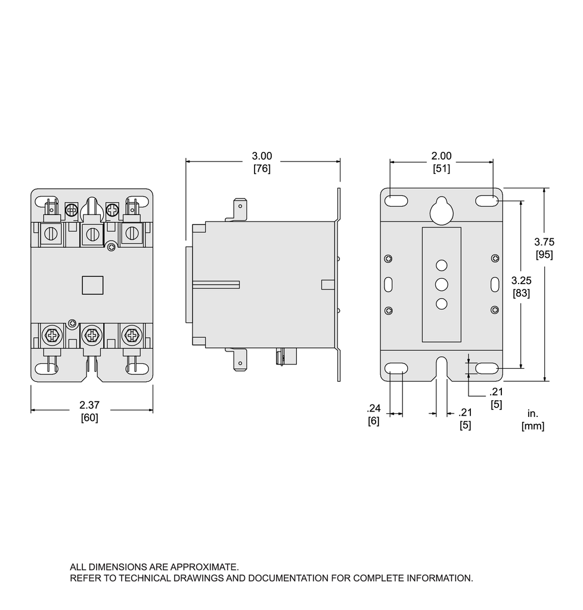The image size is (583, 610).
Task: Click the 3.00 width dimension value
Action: (262, 156)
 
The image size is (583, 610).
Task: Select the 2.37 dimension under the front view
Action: (89, 405)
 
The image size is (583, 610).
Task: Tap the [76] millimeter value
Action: (262, 169)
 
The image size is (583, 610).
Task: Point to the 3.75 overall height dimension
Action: (544, 242)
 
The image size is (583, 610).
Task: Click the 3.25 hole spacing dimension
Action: (522, 281)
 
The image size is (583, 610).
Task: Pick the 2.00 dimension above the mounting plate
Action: (441, 156)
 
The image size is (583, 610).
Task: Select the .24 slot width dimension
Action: (373, 409)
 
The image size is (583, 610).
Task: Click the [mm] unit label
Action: (533, 427)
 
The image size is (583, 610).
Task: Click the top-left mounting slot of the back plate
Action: (396, 201)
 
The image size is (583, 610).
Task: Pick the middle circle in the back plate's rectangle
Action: (441, 284)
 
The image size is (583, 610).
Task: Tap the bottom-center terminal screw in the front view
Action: (92, 336)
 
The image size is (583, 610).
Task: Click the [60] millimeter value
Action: (89, 418)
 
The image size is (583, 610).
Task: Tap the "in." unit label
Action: (532, 413)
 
